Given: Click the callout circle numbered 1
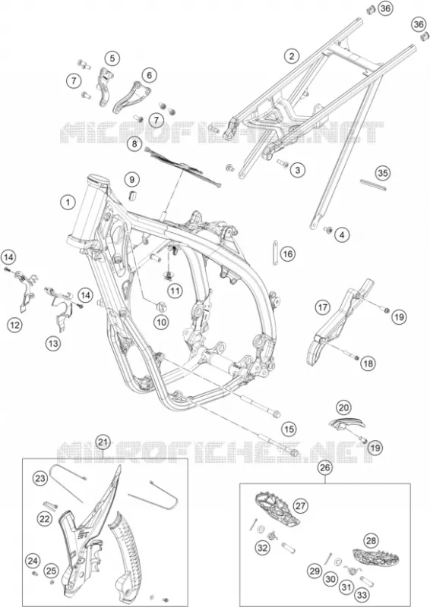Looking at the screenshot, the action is click(68, 202).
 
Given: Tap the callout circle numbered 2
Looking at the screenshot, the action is click(292, 55).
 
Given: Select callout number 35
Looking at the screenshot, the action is click(383, 173).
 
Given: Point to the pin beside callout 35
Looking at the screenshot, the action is click(373, 184).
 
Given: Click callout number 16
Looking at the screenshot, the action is click(287, 254).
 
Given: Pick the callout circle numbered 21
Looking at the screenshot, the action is click(103, 442).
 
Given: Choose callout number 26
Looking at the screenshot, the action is click(325, 467).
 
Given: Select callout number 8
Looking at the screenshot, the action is click(134, 144).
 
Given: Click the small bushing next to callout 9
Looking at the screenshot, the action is click(133, 195).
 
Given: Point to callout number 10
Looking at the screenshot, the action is click(161, 321).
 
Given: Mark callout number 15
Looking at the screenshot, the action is click(289, 429).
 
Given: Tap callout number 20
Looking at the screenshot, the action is click(344, 407).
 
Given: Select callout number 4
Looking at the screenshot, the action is click(342, 234).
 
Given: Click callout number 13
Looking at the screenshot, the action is click(53, 343).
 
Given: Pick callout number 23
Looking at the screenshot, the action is click(40, 479).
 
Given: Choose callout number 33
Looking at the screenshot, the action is click(362, 595).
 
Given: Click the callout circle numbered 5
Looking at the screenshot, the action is click(112, 58).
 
